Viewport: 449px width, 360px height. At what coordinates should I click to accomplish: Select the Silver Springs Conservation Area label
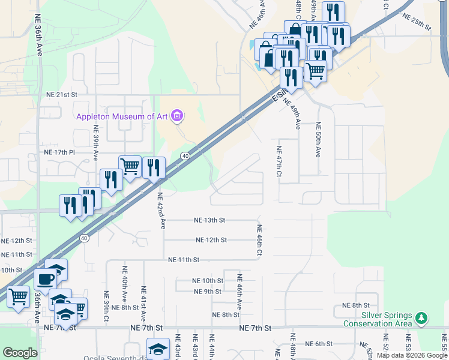tap(378, 319)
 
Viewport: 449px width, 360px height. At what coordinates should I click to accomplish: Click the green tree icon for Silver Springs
tap(422, 317)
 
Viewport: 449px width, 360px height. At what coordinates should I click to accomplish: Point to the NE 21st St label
tap(62, 95)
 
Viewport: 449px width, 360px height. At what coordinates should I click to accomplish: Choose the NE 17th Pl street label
tap(59, 152)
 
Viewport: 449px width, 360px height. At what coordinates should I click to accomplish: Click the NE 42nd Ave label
tap(161, 211)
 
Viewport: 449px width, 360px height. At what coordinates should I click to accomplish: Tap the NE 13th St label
tap(209, 220)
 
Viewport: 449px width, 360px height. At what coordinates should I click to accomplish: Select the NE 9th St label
tap(208, 292)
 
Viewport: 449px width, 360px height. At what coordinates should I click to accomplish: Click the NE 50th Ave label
tap(318, 139)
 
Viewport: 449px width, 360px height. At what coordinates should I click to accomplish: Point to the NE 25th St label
tap(417, 22)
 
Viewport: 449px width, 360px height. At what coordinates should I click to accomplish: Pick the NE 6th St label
tap(319, 344)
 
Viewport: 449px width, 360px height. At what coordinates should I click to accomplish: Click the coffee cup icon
tap(45, 279)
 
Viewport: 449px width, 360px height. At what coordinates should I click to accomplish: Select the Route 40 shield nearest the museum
tap(185, 156)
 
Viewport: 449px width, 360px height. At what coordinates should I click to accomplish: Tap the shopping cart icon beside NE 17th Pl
tap(130, 166)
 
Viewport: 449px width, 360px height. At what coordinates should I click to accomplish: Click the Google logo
tap(20, 353)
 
